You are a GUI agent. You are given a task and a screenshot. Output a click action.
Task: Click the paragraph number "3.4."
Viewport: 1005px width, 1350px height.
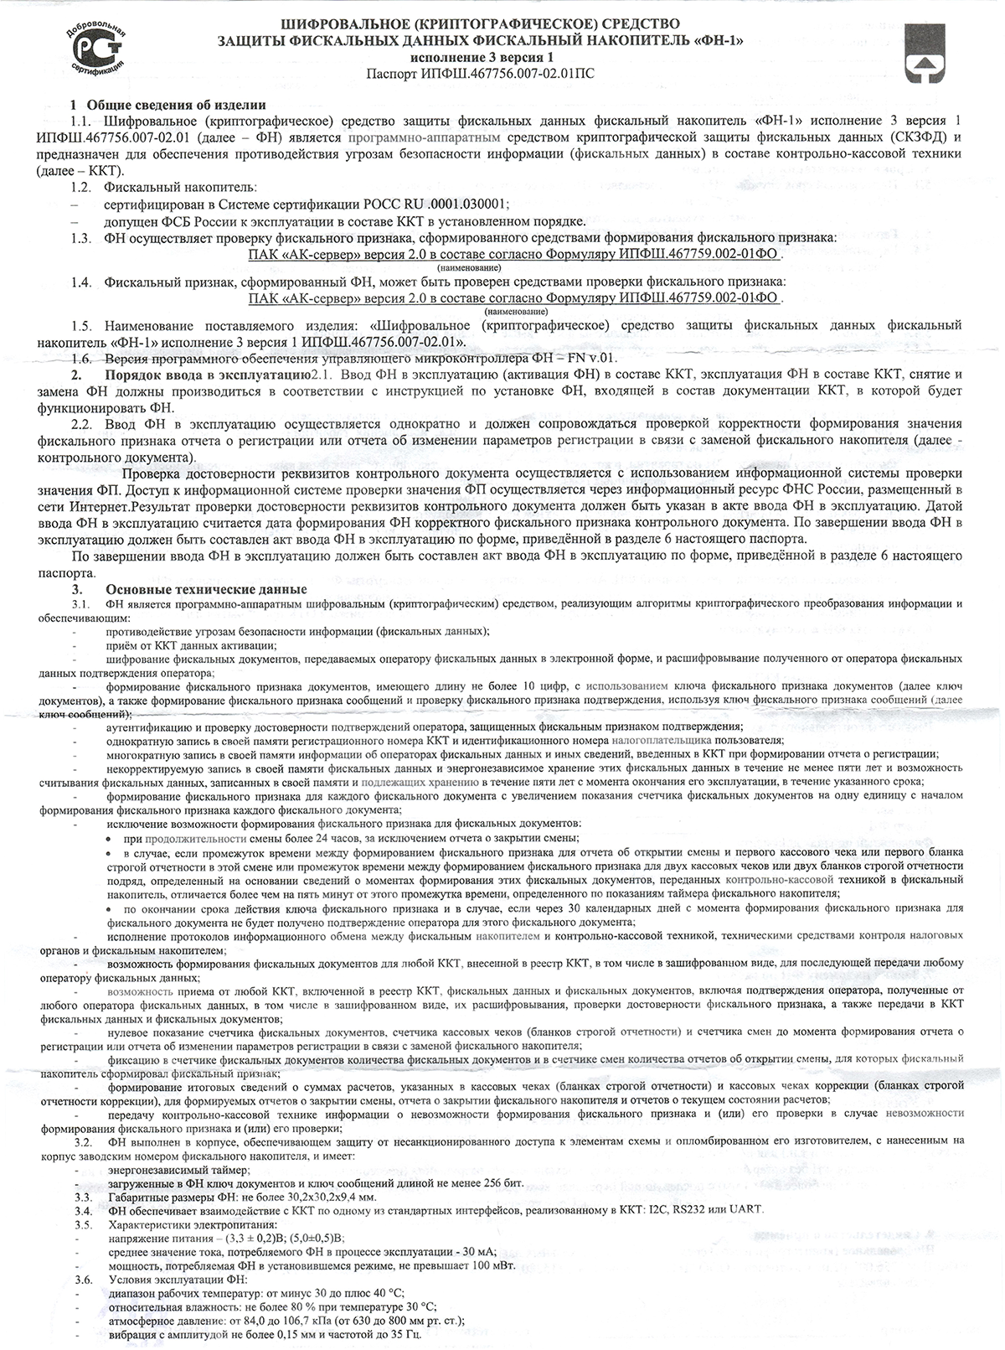coord(83,1210)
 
